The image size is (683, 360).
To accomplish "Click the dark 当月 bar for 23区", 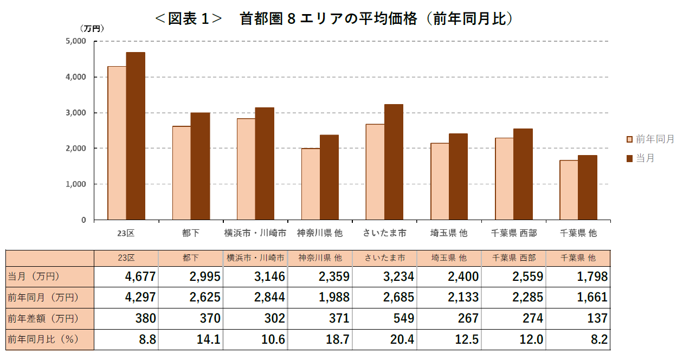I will [136, 136].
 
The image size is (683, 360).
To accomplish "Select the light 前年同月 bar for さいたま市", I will [375, 172].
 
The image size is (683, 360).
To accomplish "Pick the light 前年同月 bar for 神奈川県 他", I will [310, 184].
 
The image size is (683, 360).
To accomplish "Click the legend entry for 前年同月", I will [650, 139].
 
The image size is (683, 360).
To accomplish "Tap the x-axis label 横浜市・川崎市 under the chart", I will [255, 233].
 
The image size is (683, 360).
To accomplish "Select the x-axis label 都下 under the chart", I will [191, 233].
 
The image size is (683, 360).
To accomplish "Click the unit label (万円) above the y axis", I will [92, 28].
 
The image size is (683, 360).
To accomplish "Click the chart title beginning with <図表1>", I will [334, 18].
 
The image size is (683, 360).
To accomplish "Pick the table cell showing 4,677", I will [140, 277].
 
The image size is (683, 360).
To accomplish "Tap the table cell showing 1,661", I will [591, 298].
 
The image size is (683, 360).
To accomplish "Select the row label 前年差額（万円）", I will [43, 319].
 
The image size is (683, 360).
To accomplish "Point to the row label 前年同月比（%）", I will [43, 340].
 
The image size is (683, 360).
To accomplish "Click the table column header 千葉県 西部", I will [513, 258].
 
